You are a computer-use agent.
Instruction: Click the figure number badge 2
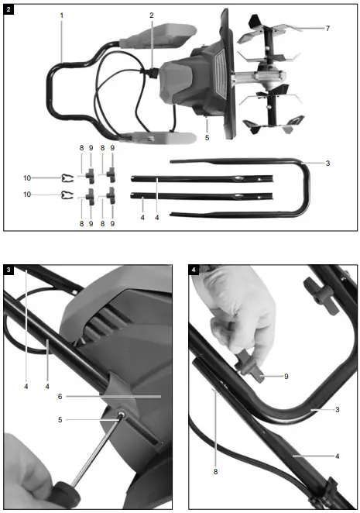10,9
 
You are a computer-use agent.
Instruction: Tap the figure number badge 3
9,269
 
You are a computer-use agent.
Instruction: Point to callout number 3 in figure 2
327,164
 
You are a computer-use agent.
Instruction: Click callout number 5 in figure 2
207,137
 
